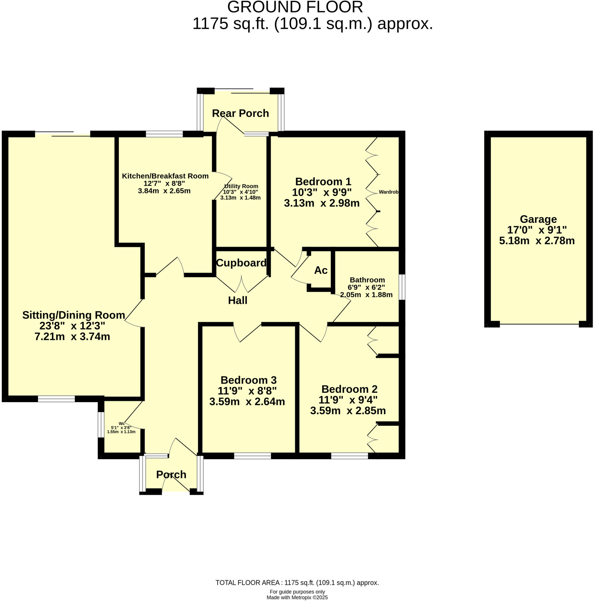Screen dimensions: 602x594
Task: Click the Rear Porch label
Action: [x=240, y=113]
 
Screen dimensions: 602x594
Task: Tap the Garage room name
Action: [x=538, y=219]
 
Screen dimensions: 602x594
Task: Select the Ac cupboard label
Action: [x=321, y=270]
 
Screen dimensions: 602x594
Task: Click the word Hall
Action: [x=238, y=300]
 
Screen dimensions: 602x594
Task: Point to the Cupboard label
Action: [x=241, y=263]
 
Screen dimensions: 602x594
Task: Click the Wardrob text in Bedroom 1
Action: [x=388, y=192]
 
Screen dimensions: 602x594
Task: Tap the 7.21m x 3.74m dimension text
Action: [x=72, y=337]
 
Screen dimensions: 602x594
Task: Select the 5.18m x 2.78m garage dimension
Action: [x=537, y=240]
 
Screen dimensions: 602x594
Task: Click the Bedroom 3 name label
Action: [x=248, y=380]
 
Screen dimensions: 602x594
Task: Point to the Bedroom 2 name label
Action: [x=349, y=389]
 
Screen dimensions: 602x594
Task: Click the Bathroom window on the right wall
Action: [x=402, y=287]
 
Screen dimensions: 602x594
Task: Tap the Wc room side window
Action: [x=100, y=424]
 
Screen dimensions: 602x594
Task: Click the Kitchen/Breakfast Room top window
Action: [x=164, y=134]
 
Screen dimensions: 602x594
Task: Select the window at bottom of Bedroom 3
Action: [x=252, y=456]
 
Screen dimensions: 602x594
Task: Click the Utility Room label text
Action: [x=241, y=186]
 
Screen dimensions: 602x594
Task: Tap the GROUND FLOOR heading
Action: [x=295, y=7]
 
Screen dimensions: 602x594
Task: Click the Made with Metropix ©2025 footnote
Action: [x=297, y=597]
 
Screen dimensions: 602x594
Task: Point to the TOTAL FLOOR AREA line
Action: [x=297, y=583]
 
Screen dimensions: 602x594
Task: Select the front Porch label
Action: [x=171, y=474]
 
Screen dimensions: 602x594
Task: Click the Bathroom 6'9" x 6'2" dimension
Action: [x=366, y=287]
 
